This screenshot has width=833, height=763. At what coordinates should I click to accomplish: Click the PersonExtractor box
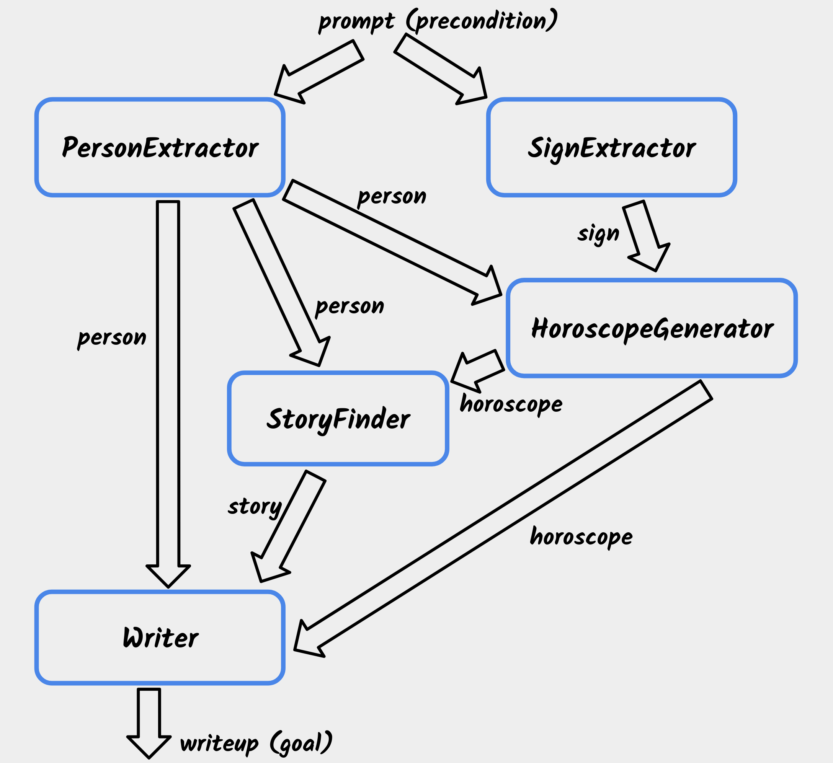point(160,147)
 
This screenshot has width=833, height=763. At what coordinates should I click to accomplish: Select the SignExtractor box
point(611,147)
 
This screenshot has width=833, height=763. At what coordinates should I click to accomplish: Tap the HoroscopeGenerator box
point(652,328)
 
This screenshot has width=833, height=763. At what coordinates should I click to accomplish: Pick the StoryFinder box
point(338,418)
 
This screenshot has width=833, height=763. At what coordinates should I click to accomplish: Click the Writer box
point(160,637)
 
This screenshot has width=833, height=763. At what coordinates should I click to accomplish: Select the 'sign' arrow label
point(598,234)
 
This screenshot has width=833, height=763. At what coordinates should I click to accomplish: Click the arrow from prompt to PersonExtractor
point(318,72)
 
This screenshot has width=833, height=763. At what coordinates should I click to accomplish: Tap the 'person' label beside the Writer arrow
point(111,338)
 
